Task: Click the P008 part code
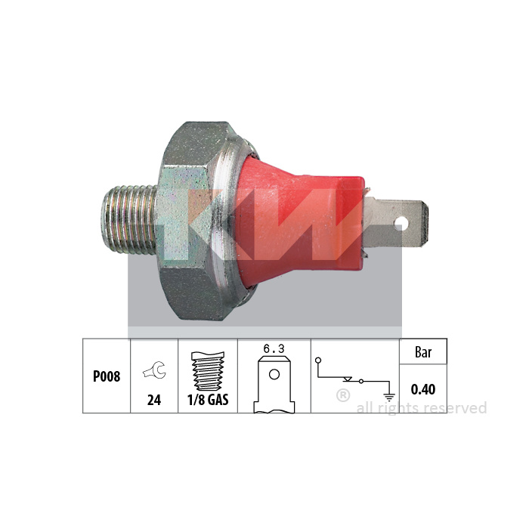tap(107, 376)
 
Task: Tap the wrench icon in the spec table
tap(154, 370)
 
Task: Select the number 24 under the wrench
tap(154, 400)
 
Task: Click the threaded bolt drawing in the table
tap(208, 372)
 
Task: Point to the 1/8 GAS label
tap(208, 400)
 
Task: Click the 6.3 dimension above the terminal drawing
tap(274, 349)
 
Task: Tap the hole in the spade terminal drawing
tap(274, 375)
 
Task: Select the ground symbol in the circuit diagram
tap(389, 398)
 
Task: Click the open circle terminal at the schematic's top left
tap(318, 360)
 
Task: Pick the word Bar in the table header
tap(423, 352)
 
